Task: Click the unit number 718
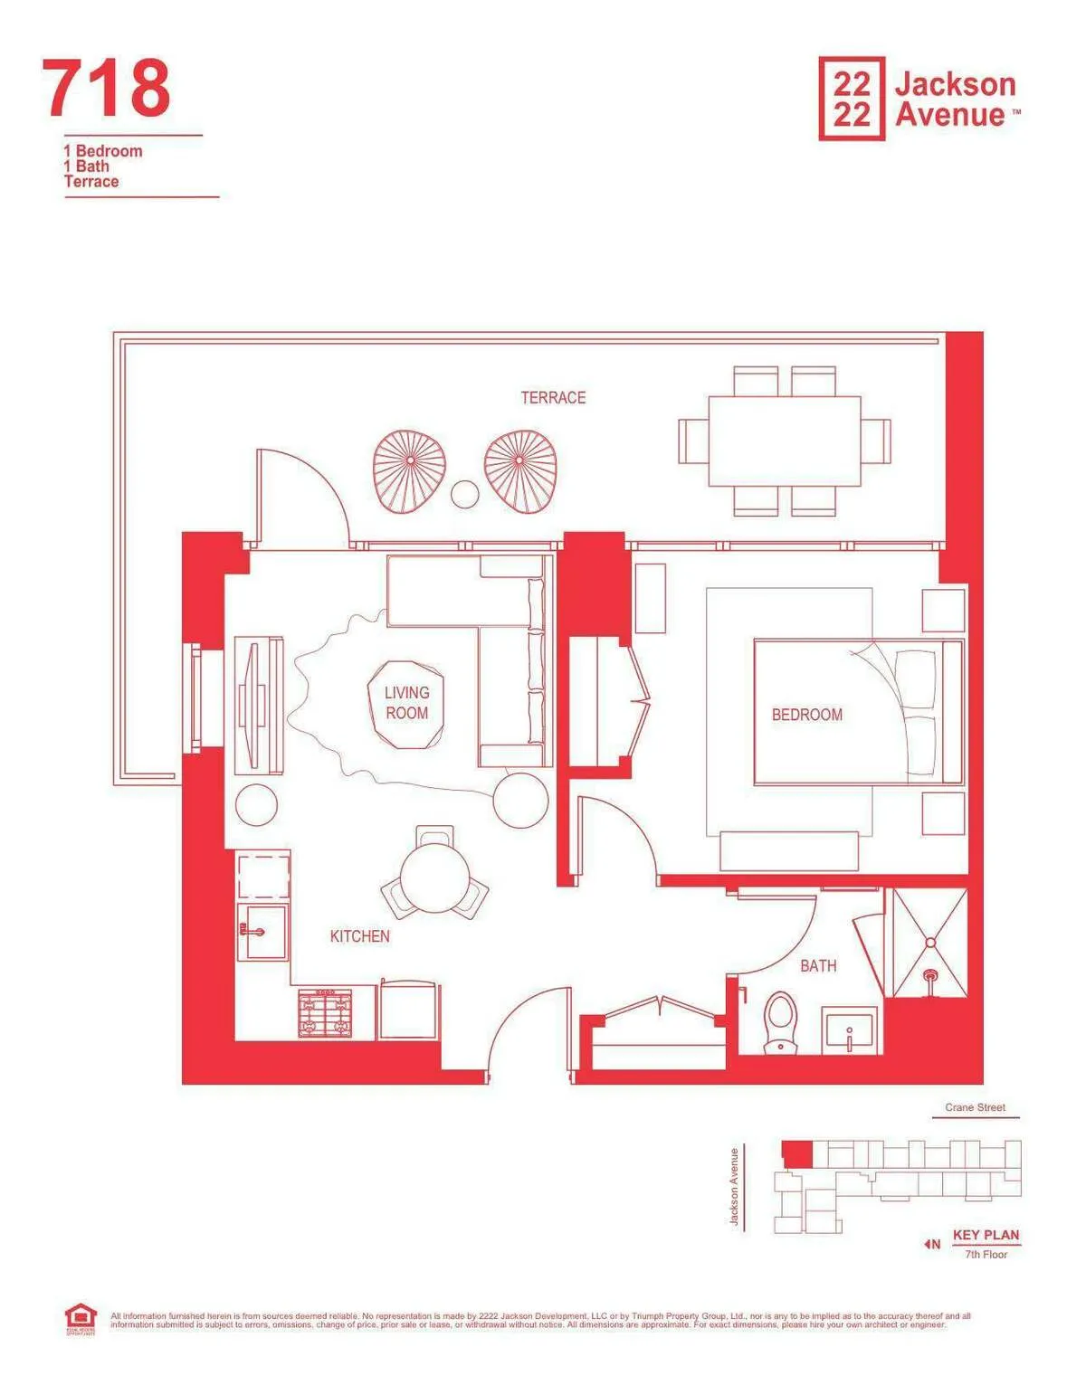tap(106, 88)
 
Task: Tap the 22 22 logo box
tap(851, 99)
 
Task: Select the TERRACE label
tap(553, 397)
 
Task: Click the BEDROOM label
tap(806, 715)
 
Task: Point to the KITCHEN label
tap(359, 936)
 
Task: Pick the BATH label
tap(818, 966)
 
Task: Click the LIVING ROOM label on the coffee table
tap(406, 703)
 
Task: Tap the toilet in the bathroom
tap(780, 1022)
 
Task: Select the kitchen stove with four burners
tap(325, 1013)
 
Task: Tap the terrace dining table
tap(784, 441)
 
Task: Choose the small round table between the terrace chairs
tap(465, 494)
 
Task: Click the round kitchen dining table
tap(433, 878)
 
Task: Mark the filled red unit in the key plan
tap(796, 1154)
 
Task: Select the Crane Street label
tap(975, 1107)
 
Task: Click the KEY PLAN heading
tap(986, 1235)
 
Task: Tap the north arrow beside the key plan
tap(931, 1245)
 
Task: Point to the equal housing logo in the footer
tap(80, 1319)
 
